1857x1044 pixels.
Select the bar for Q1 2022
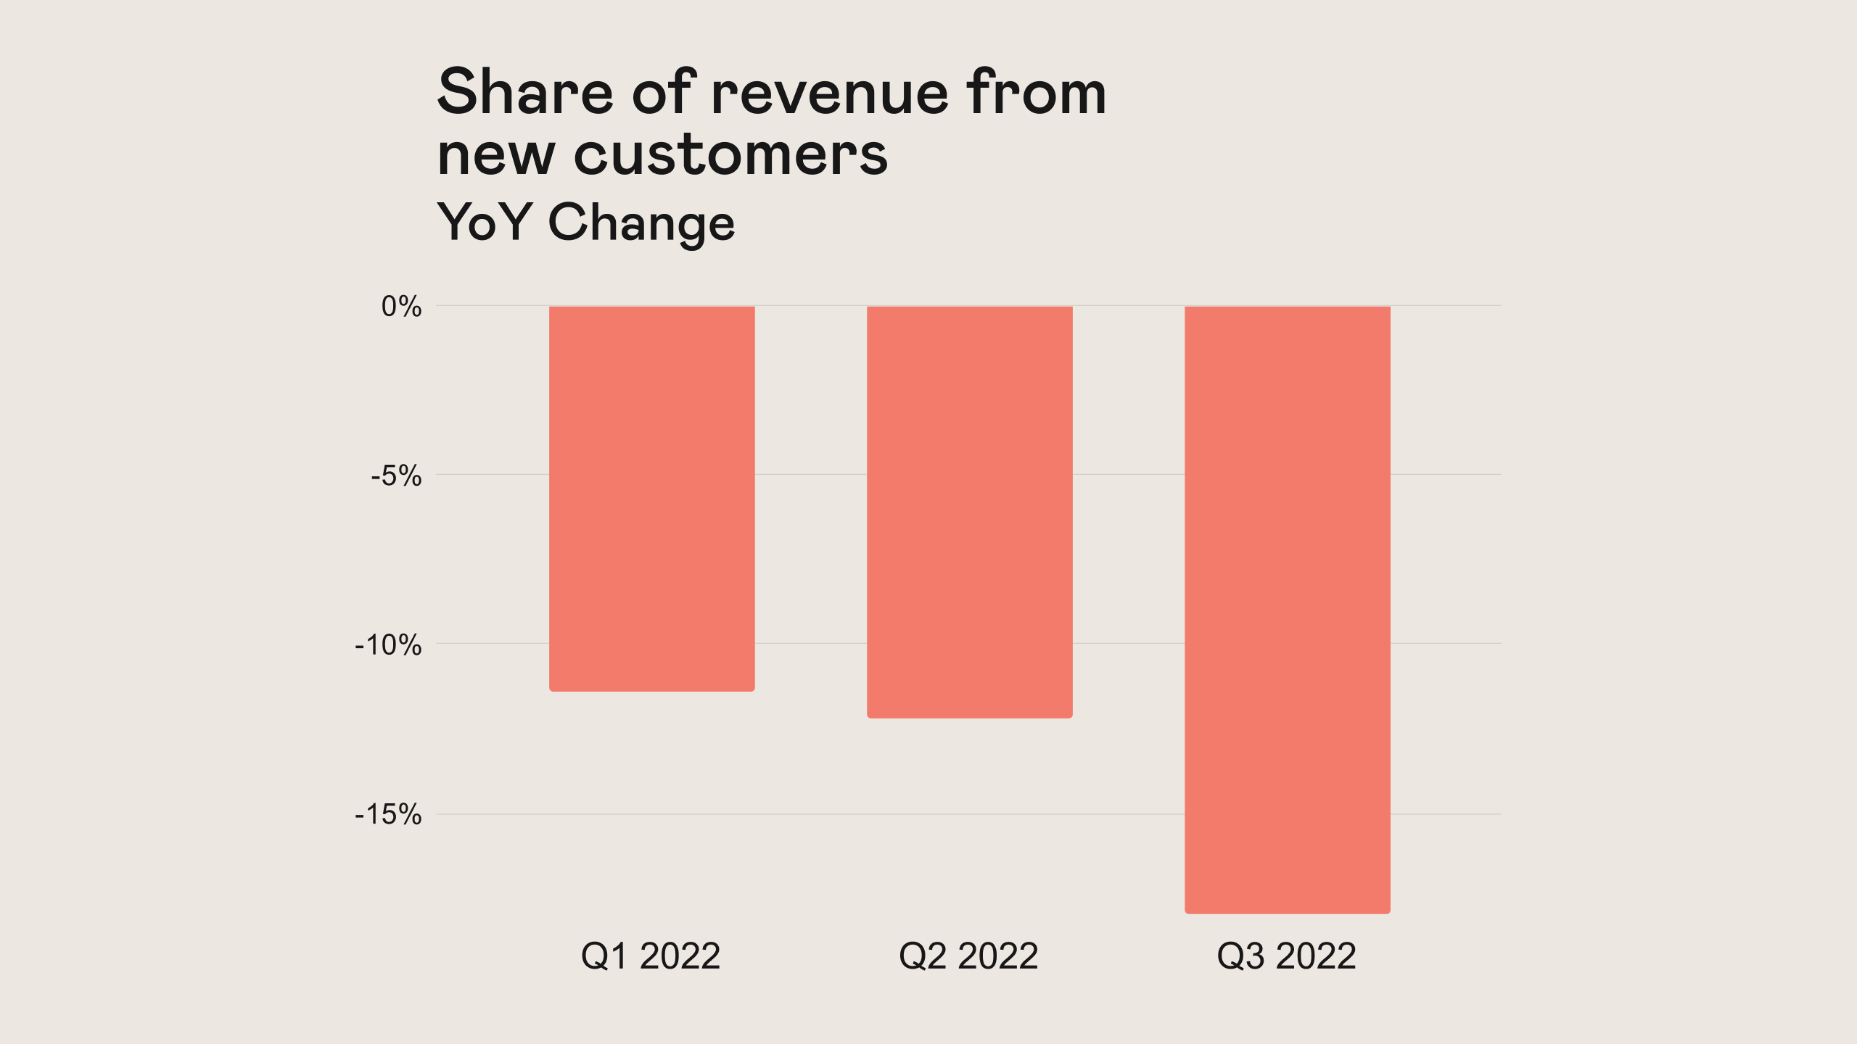(x=651, y=499)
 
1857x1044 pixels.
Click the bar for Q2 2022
(x=969, y=512)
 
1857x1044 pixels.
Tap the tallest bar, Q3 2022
(x=1287, y=609)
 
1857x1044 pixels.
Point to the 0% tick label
(x=401, y=307)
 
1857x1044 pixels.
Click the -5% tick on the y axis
(x=396, y=476)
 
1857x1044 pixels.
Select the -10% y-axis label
(x=388, y=645)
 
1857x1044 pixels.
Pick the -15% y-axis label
(x=388, y=815)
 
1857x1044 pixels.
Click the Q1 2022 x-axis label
(x=651, y=956)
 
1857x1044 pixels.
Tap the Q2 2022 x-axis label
(x=968, y=956)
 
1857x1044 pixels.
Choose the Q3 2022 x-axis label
(x=1286, y=956)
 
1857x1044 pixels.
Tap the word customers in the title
(x=730, y=155)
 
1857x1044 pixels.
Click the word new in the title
(x=496, y=157)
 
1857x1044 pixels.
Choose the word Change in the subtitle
(x=641, y=223)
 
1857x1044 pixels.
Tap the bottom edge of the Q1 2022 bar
(x=651, y=690)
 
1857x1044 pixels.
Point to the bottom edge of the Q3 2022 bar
(x=1287, y=912)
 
